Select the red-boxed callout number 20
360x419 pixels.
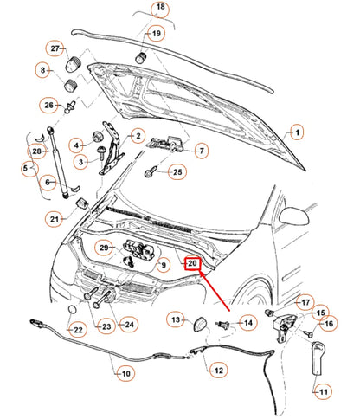(x=193, y=264)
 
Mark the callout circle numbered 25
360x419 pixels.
(x=177, y=173)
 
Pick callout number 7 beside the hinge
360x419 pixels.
(x=201, y=151)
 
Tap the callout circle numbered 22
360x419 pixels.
(x=76, y=329)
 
